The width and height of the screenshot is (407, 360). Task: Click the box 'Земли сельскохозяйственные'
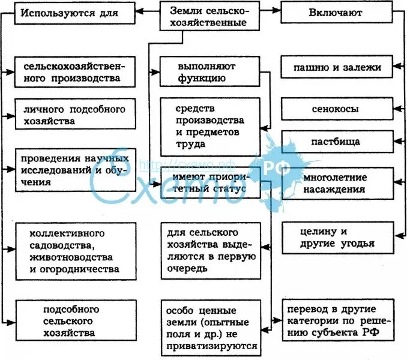tap(211, 16)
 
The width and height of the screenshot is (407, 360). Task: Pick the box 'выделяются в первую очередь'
tap(210, 250)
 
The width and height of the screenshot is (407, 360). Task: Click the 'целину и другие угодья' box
tap(337, 237)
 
